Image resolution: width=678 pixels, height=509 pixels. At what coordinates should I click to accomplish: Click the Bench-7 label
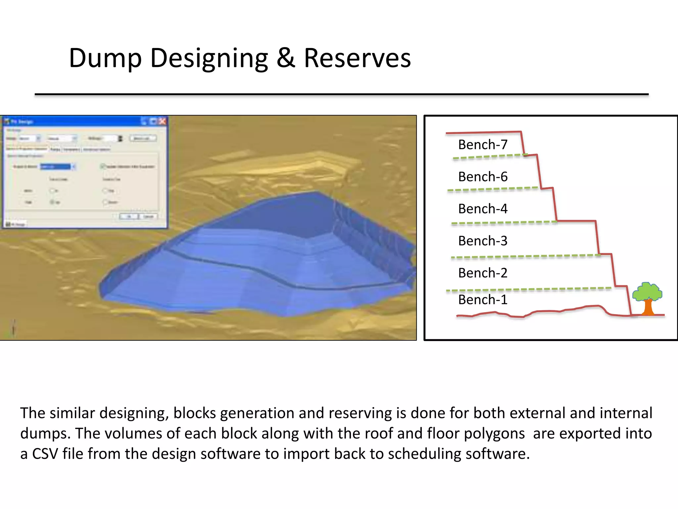pos(482,145)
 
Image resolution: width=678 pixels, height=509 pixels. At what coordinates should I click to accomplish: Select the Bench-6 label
pos(482,177)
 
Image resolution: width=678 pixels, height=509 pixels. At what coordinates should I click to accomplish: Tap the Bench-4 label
pos(482,209)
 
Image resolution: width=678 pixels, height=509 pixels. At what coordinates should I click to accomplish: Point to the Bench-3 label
pos(482,241)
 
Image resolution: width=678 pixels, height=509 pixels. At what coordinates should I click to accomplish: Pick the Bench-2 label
pos(482,273)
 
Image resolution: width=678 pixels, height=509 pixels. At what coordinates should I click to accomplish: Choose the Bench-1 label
pos(482,300)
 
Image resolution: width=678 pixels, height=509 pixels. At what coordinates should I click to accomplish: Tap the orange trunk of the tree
pos(648,308)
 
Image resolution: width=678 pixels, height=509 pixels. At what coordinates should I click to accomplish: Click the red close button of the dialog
pos(162,121)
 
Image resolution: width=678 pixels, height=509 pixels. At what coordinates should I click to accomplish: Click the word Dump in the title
pos(105,58)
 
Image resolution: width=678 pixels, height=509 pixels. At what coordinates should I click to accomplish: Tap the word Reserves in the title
pos(357,58)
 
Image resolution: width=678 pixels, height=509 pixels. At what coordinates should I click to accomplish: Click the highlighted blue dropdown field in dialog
pos(56,166)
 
